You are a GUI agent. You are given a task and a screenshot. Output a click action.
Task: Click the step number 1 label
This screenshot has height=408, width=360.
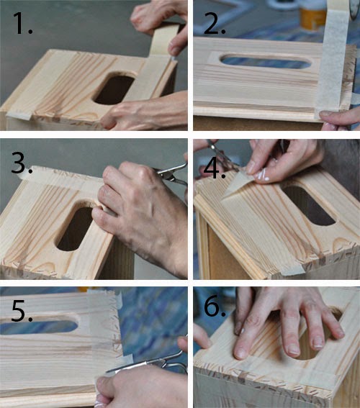click(22, 24)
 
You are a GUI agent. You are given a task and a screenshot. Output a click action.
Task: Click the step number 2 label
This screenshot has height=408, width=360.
click(215, 24)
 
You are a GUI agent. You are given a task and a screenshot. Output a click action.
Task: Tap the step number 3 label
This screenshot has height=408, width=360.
click(22, 163)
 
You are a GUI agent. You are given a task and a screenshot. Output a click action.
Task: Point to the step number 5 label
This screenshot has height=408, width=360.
click(22, 310)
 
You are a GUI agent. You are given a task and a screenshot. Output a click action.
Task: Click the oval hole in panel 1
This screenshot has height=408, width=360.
click(114, 89)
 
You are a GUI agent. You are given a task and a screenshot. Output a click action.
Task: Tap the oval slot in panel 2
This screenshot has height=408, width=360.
click(266, 62)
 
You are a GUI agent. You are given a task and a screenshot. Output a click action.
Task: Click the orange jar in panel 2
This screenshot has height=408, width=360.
click(312, 18)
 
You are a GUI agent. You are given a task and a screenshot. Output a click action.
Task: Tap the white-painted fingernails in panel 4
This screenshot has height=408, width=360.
click(261, 174)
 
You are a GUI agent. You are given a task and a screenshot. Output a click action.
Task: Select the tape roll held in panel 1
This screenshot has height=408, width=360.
click(166, 39)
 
